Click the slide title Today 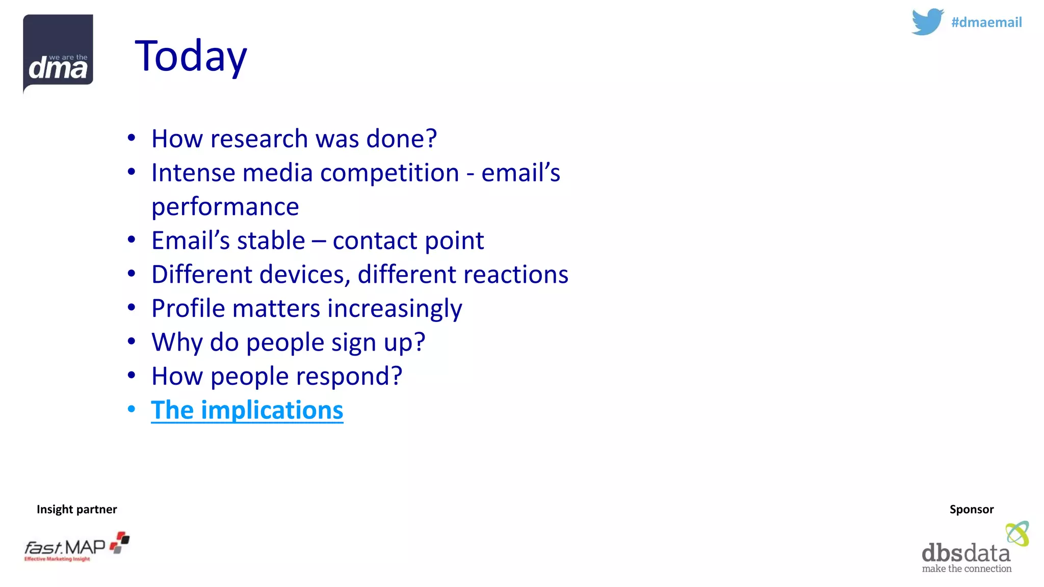tap(191, 56)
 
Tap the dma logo tap(58, 54)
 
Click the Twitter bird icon tap(927, 22)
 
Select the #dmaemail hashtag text tap(986, 22)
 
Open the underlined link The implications tap(247, 410)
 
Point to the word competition tap(389, 173)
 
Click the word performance tap(225, 207)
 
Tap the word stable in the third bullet tap(271, 241)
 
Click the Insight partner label tap(76, 509)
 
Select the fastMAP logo tap(76, 547)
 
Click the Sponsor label tap(971, 509)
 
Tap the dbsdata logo tap(974, 549)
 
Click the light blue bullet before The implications tap(132, 409)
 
